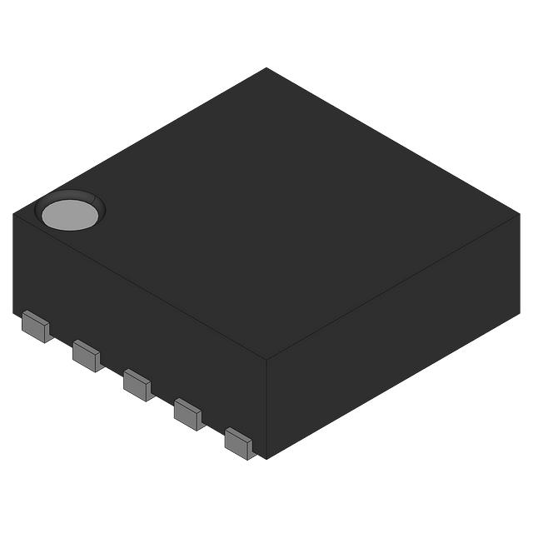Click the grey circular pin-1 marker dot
pos(70,215)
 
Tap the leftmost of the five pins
pos(36,326)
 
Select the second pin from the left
pos(87,356)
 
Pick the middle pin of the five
pos(137,385)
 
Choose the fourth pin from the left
pos(188,414)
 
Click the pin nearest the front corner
pos(240,443)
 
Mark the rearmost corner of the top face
pos(266,68)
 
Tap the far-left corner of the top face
pos(14,214)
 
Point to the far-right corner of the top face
pos(519,214)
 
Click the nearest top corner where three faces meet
pos(266,359)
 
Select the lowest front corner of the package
pos(265,457)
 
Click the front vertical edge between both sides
pos(266,408)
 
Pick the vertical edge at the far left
pos(14,262)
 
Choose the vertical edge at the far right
pos(519,262)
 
